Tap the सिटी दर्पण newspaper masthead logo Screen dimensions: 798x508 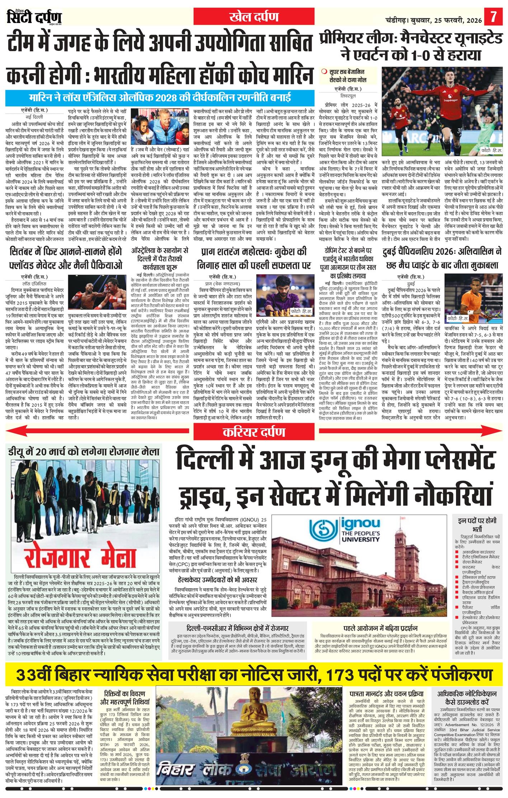tap(34, 17)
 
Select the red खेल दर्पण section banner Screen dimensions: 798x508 tap(254, 17)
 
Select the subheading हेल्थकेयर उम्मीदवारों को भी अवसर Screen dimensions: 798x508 tap(217, 580)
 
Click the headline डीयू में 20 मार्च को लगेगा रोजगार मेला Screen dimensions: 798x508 tap(84, 451)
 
